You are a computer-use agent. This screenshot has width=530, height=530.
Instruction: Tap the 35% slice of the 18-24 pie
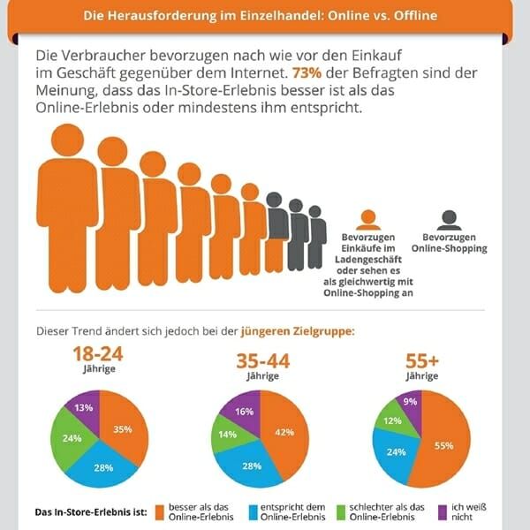coord(122,430)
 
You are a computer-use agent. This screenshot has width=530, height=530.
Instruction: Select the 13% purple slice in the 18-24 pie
coord(84,408)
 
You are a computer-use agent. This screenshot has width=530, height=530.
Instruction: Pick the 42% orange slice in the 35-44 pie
coord(284,433)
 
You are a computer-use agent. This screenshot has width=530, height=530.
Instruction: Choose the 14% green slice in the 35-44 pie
coord(226,435)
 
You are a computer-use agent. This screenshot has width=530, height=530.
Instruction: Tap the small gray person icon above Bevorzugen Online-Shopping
coord(449,220)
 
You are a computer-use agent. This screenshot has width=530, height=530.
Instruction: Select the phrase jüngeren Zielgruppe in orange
coord(298,332)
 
